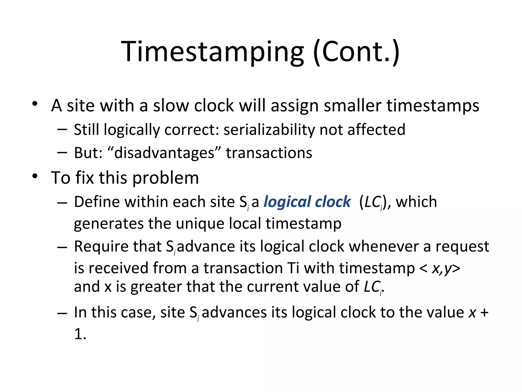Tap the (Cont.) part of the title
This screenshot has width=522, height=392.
356,52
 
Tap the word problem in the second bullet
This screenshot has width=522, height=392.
166,178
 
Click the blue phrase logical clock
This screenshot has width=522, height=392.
307,202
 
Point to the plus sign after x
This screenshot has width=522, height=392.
484,312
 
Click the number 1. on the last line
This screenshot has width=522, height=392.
80,334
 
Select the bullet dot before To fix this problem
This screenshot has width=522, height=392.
35,176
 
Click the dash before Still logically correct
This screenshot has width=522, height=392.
62,129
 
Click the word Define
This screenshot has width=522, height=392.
97,202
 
